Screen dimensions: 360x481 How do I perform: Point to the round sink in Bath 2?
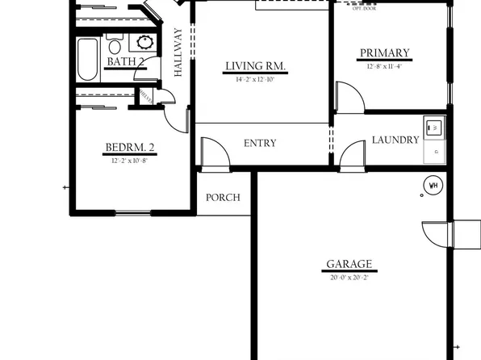145,43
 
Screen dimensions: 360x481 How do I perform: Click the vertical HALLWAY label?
178,52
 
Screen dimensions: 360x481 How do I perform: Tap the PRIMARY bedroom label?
384,54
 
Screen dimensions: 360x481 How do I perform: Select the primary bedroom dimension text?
384,67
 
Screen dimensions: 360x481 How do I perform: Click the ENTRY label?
260,144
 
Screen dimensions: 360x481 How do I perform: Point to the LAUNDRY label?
395,140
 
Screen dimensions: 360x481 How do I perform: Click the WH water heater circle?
433,185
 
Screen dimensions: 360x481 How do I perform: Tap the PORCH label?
223,198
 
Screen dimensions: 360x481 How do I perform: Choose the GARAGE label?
349,264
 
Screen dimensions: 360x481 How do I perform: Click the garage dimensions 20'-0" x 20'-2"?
349,278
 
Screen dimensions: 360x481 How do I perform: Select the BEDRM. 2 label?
130,148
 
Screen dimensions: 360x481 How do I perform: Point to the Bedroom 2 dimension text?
130,161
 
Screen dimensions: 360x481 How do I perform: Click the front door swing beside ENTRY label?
211,153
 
